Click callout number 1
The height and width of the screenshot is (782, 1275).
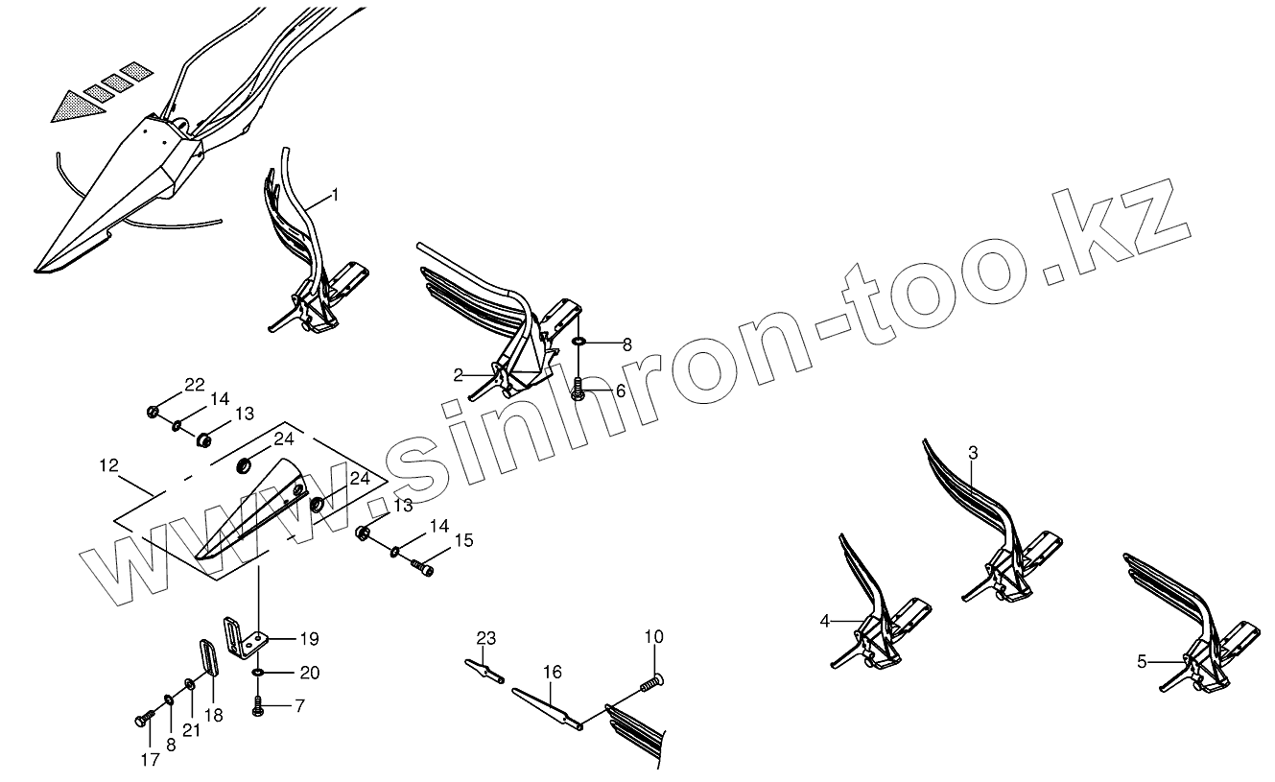click(x=335, y=195)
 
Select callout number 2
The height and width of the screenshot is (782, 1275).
click(x=459, y=373)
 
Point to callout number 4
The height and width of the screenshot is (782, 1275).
click(x=824, y=621)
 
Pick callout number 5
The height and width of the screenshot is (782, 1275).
click(x=1142, y=661)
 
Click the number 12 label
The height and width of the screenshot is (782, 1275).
click(x=108, y=465)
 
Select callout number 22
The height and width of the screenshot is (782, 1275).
click(x=195, y=385)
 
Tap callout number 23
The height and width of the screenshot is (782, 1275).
click(x=486, y=637)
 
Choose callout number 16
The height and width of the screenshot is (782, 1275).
click(x=552, y=675)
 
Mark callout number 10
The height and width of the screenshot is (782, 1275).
click(x=653, y=637)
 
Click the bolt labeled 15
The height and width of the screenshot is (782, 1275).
click(x=422, y=567)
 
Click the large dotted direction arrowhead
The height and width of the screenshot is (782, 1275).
click(x=77, y=103)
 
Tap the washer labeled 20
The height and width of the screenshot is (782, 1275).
click(x=259, y=674)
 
